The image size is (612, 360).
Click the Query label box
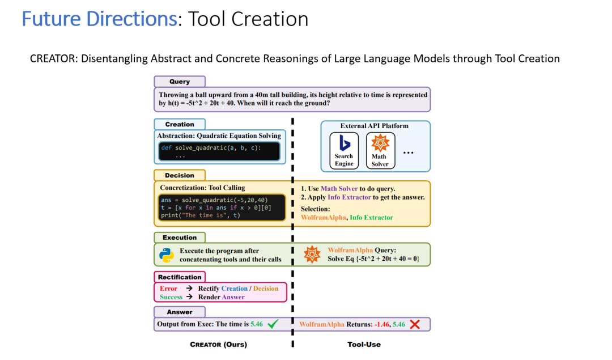179,82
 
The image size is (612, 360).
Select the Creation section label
179,124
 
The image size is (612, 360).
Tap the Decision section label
179,176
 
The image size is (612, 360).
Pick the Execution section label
179,238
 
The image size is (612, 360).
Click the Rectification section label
180,277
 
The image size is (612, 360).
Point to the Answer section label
179,312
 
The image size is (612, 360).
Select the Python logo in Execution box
167,255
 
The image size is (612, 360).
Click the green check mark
273,324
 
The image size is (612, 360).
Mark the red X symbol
414,324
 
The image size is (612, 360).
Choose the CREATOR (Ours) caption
218,344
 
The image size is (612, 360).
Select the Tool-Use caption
364,344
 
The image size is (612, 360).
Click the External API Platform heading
374,126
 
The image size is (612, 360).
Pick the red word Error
168,289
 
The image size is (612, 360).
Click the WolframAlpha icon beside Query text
313,255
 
